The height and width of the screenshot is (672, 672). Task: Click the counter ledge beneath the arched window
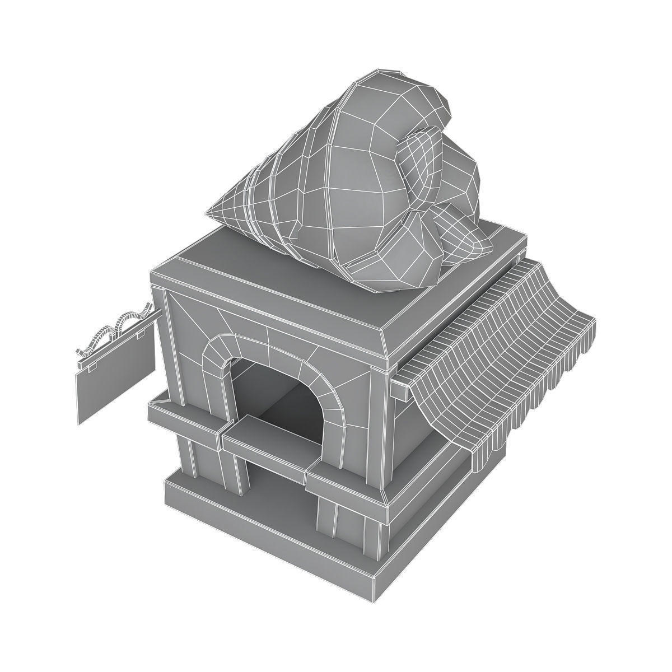pos(263,442)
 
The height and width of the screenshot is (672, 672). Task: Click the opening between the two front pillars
pos(280,493)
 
